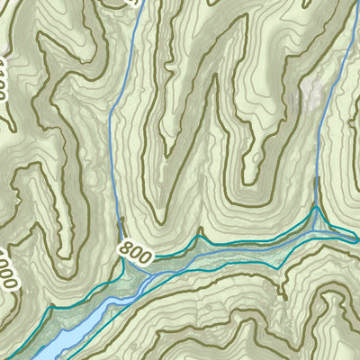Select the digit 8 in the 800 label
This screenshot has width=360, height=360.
(125, 255)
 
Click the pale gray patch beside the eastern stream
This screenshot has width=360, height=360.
(310, 94)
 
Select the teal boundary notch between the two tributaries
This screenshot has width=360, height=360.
(201, 231)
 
